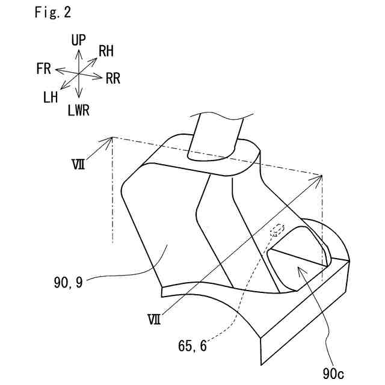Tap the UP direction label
(x=78, y=40)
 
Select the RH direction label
(x=106, y=52)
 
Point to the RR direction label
(x=112, y=78)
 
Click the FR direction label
(x=43, y=69)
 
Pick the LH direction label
(x=51, y=97)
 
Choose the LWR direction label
(x=80, y=110)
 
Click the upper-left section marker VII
(x=76, y=162)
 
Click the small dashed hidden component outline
(x=277, y=229)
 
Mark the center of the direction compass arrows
(x=79, y=73)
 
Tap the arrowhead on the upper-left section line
(x=111, y=140)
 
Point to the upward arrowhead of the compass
(x=79, y=51)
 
